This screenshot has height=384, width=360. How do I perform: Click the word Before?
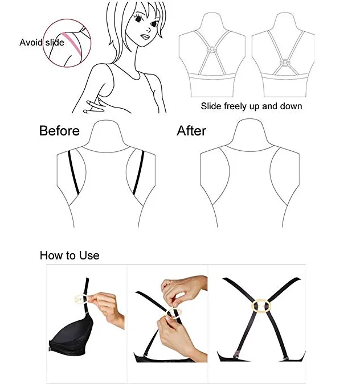pyautogui.click(x=59, y=131)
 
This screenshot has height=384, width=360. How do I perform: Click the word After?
pyautogui.click(x=191, y=131)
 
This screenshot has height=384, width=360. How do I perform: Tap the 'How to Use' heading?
pyautogui.click(x=69, y=255)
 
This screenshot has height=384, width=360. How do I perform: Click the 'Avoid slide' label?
pyautogui.click(x=42, y=42)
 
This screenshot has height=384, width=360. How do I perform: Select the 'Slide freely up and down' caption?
pyautogui.click(x=251, y=106)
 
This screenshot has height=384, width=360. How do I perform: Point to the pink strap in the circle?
pyautogui.click(x=72, y=44)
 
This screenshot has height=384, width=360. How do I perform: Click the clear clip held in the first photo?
pyautogui.click(x=79, y=298)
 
